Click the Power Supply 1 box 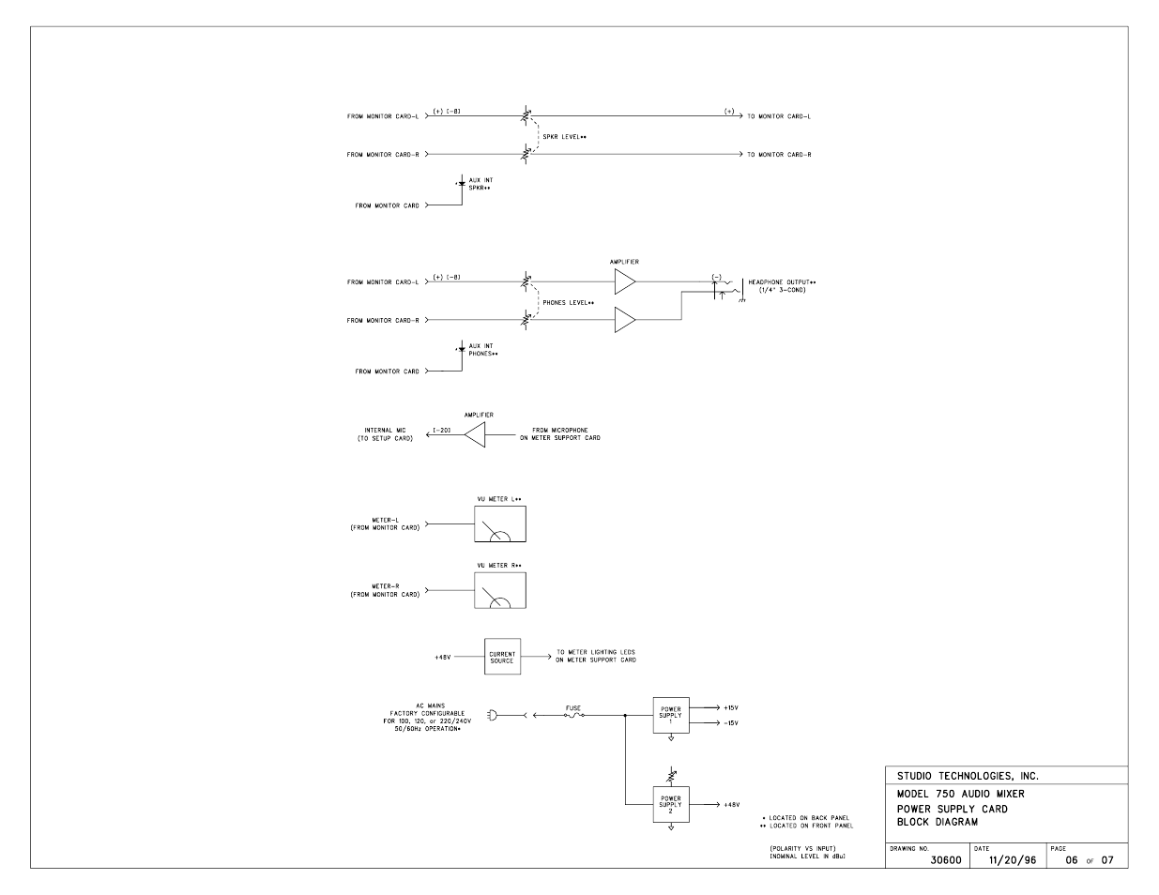(671, 715)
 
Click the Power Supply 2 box (671, 804)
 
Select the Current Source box (502, 658)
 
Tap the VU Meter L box (500, 523)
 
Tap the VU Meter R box (500, 590)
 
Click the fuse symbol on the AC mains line (573, 715)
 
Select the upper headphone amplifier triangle (624, 281)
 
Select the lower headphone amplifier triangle (624, 321)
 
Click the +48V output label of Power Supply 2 (731, 805)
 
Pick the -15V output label (731, 723)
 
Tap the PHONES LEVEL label (568, 302)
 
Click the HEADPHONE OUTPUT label (782, 281)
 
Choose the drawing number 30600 (945, 860)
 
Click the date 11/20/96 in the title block (1012, 860)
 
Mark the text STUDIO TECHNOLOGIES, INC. (968, 776)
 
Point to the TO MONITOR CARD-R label (779, 155)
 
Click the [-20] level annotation (442, 431)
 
